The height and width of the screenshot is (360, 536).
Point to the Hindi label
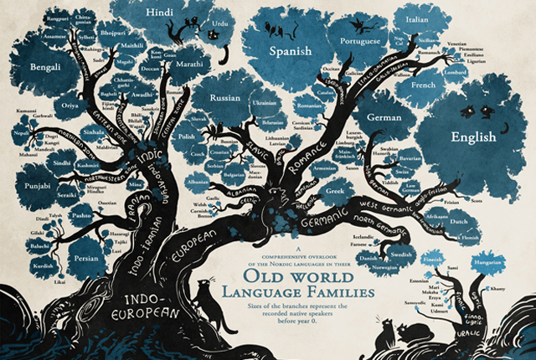pos(159,13)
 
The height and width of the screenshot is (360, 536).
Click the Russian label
pos(225,97)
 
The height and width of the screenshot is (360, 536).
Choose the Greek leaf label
pos(336,190)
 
